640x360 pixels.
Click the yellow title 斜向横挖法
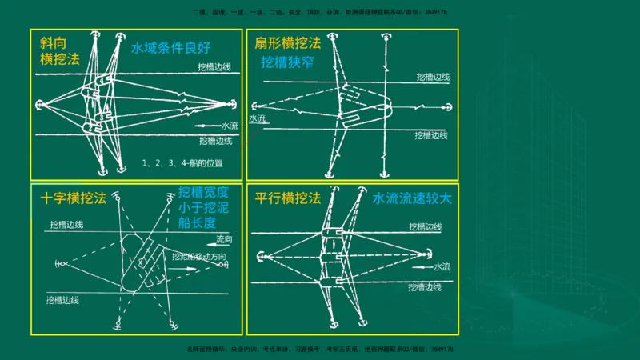tap(54, 50)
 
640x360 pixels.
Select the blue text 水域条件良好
tap(170, 46)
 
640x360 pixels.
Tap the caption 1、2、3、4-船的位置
tap(182, 163)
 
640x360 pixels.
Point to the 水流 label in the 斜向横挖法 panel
tap(229, 126)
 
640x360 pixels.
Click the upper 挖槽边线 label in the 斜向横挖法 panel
tap(215, 66)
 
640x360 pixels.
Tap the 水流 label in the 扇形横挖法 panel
tap(258, 118)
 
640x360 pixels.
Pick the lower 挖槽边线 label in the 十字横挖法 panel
tap(64, 300)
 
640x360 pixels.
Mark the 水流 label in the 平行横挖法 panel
tap(442, 266)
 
